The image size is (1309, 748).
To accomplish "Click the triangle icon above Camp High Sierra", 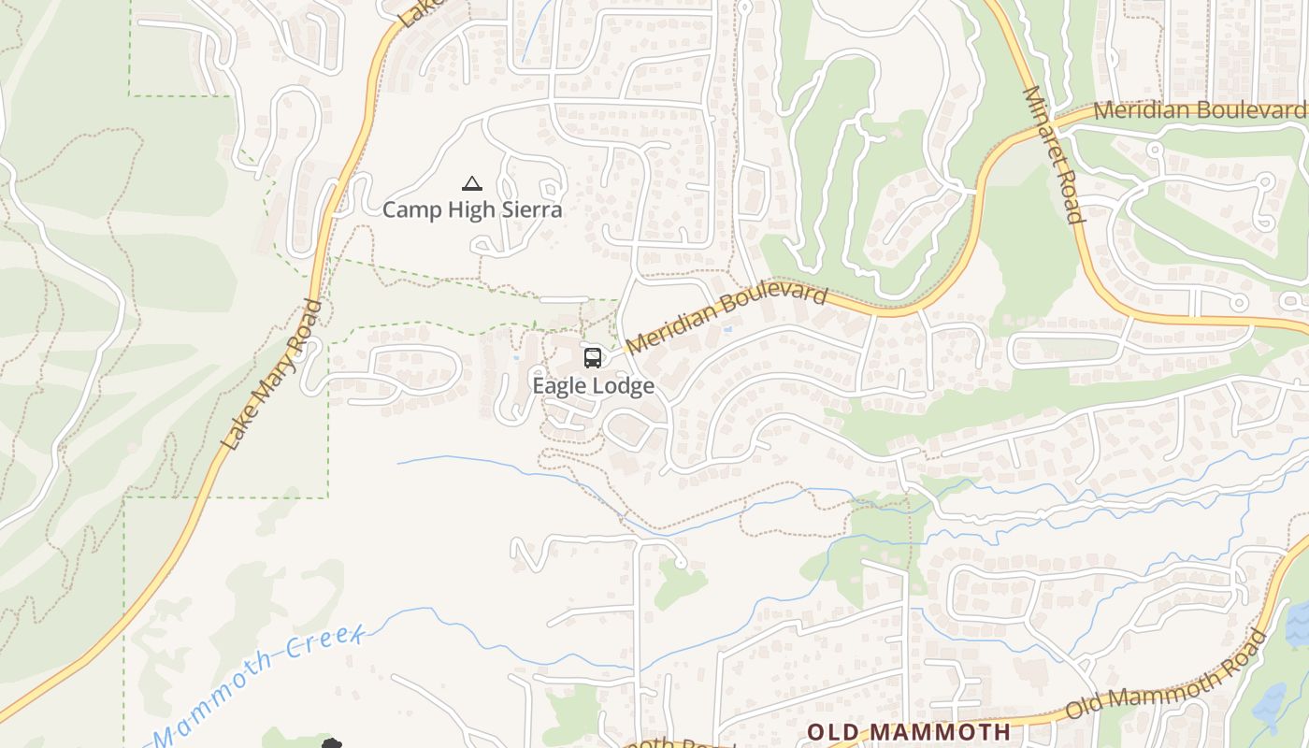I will coord(472,183).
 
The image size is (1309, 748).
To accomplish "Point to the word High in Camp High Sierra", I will coord(472,209).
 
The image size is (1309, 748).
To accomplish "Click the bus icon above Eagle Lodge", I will coord(593,357).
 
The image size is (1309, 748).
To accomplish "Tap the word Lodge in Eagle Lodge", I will coord(625,385).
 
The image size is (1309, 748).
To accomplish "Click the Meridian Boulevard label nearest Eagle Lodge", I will coord(727,319).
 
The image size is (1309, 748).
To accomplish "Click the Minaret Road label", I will coord(1054,154).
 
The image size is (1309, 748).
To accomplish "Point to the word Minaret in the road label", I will coord(1045,131).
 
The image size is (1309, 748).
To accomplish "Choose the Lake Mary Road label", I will coord(273,374).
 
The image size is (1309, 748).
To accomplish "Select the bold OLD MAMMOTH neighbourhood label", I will coord(909,731).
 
